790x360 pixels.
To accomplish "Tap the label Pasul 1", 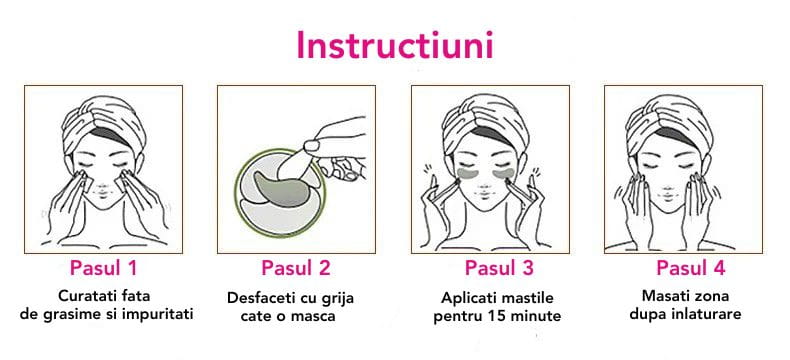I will pyautogui.click(x=103, y=268).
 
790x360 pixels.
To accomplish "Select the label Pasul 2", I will pyautogui.click(x=295, y=268).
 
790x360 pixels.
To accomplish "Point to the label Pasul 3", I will pyautogui.click(x=498, y=268).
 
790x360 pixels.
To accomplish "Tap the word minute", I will pyautogui.click(x=540, y=316).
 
